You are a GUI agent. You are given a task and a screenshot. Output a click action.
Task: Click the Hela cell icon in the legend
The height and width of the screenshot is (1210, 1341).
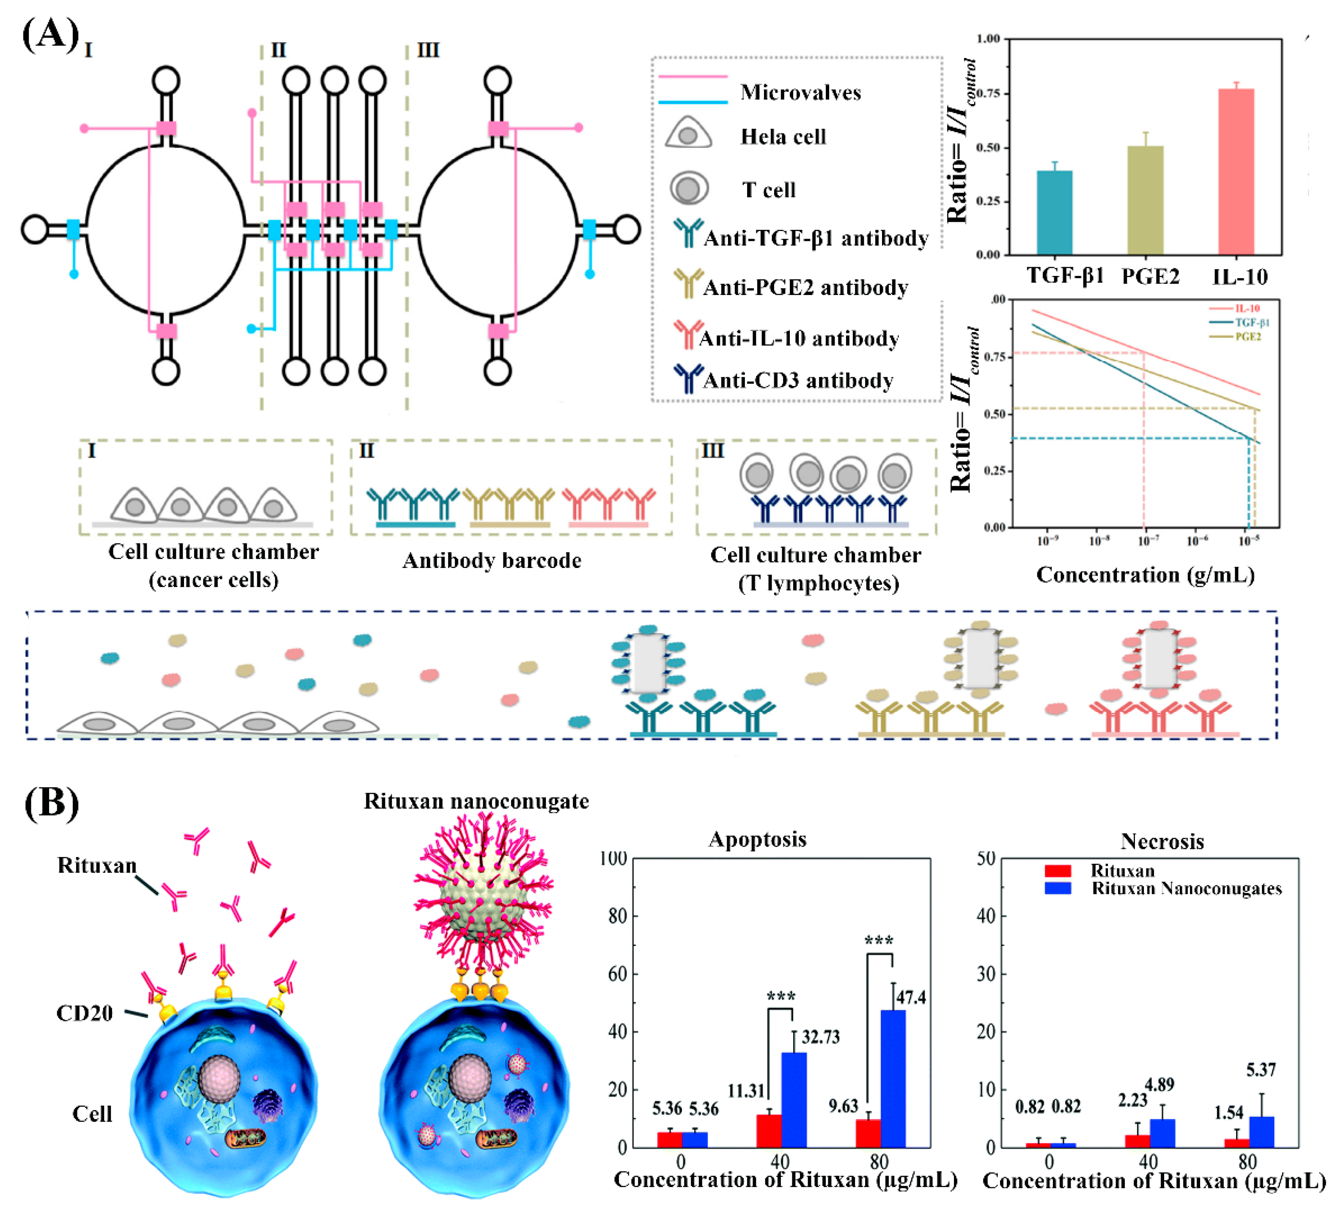tap(688, 133)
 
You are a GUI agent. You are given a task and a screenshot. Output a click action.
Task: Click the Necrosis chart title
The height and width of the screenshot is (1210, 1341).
tap(1162, 842)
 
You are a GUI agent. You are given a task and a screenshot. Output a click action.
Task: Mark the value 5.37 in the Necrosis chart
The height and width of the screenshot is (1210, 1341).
tap(1261, 1070)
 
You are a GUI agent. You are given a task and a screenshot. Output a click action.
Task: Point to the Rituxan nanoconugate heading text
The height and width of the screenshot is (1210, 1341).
tap(476, 801)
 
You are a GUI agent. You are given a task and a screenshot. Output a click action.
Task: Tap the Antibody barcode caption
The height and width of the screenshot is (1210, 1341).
tap(492, 560)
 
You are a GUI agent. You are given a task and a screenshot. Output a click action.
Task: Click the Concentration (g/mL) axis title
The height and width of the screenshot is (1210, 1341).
tap(1145, 574)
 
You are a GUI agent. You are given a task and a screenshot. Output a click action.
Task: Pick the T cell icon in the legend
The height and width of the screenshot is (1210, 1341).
tap(688, 188)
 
